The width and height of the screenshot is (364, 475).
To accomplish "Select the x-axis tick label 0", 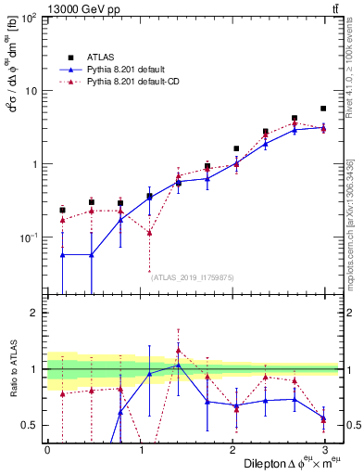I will (47, 450).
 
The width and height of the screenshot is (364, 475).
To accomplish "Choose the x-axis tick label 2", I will (233, 450).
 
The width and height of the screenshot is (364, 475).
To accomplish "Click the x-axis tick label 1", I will (141, 450).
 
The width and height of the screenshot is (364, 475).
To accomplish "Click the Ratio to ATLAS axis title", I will (12, 369).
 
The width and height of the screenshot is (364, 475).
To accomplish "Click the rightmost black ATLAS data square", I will (323, 109).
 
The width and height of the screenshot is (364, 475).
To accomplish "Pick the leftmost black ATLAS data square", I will (62, 211).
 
